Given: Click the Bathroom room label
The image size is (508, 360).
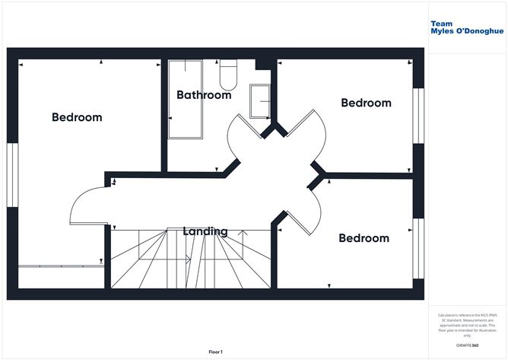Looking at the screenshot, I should pyautogui.click(x=204, y=95).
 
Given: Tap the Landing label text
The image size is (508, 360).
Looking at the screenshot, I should pyautogui.click(x=205, y=231).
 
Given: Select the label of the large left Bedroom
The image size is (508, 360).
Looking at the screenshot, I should pyautogui.click(x=77, y=117).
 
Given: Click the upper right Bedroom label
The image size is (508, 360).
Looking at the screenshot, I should pyautogui.click(x=366, y=103).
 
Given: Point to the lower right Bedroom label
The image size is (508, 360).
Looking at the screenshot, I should pyautogui.click(x=364, y=238).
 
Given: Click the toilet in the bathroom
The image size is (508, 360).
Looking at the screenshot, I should pyautogui.click(x=228, y=73).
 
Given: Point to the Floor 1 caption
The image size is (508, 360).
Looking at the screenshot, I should pyautogui.click(x=218, y=352).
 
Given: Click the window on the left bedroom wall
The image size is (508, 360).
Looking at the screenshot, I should pyautogui.click(x=12, y=174).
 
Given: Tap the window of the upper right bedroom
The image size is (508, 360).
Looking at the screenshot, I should pyautogui.click(x=417, y=115).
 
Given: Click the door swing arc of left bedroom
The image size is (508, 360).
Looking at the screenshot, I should pyautogui.click(x=85, y=205).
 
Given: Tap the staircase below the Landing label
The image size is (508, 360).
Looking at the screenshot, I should pyautogui.click(x=190, y=263).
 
